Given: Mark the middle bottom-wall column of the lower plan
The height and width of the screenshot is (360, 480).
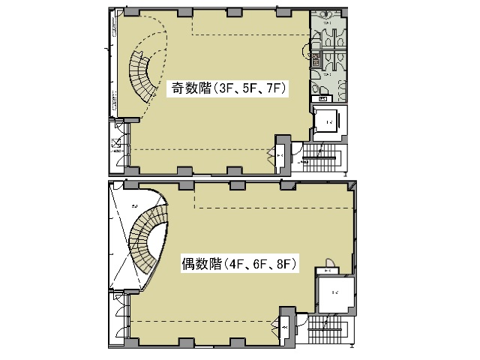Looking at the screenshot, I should (235, 343).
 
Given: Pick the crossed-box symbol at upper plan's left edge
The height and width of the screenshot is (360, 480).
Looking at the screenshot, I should (116, 143).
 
